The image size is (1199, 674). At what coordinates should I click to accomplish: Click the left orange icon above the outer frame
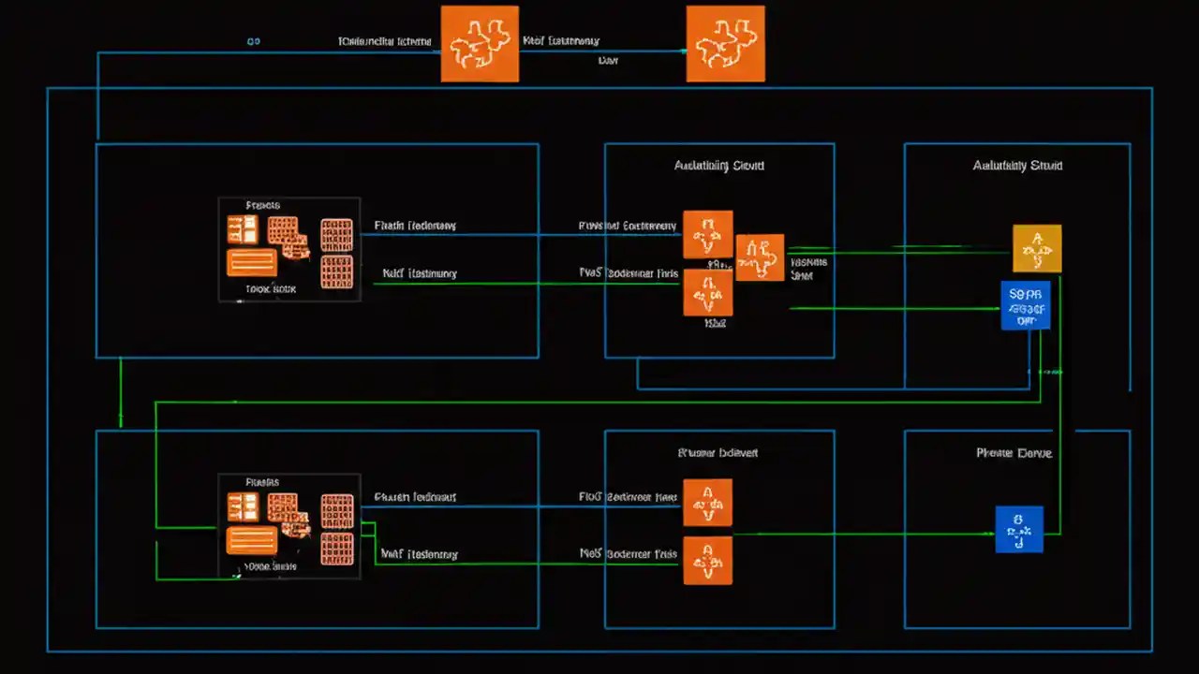click(480, 44)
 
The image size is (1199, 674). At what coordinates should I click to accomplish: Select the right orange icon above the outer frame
click(725, 44)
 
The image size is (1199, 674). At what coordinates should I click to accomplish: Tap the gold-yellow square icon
click(1037, 248)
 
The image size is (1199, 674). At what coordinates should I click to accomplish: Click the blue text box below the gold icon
click(1025, 305)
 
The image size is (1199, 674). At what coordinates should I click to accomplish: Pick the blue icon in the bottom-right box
click(1018, 529)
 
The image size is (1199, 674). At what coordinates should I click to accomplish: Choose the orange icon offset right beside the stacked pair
click(760, 257)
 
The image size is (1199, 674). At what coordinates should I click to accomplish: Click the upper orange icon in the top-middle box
click(707, 234)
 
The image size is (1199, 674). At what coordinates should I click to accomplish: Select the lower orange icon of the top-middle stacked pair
click(707, 292)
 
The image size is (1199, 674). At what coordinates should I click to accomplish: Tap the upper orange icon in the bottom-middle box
click(707, 503)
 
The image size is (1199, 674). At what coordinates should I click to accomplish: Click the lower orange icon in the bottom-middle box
click(707, 561)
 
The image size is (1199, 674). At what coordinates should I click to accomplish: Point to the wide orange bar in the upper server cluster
click(251, 263)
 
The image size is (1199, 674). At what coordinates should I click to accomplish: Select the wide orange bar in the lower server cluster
click(251, 540)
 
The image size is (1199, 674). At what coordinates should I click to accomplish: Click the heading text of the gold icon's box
click(1017, 166)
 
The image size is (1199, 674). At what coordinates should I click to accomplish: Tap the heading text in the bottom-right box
click(1014, 453)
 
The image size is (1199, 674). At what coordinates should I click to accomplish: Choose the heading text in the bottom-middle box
click(718, 453)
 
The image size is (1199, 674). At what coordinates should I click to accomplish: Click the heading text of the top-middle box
click(718, 166)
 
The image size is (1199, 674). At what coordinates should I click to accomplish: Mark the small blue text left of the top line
click(253, 42)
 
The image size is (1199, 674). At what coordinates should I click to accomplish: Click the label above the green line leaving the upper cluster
click(420, 273)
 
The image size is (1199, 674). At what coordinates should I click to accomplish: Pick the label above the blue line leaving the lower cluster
click(415, 497)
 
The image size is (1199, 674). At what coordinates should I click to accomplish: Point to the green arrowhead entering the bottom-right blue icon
click(990, 534)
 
